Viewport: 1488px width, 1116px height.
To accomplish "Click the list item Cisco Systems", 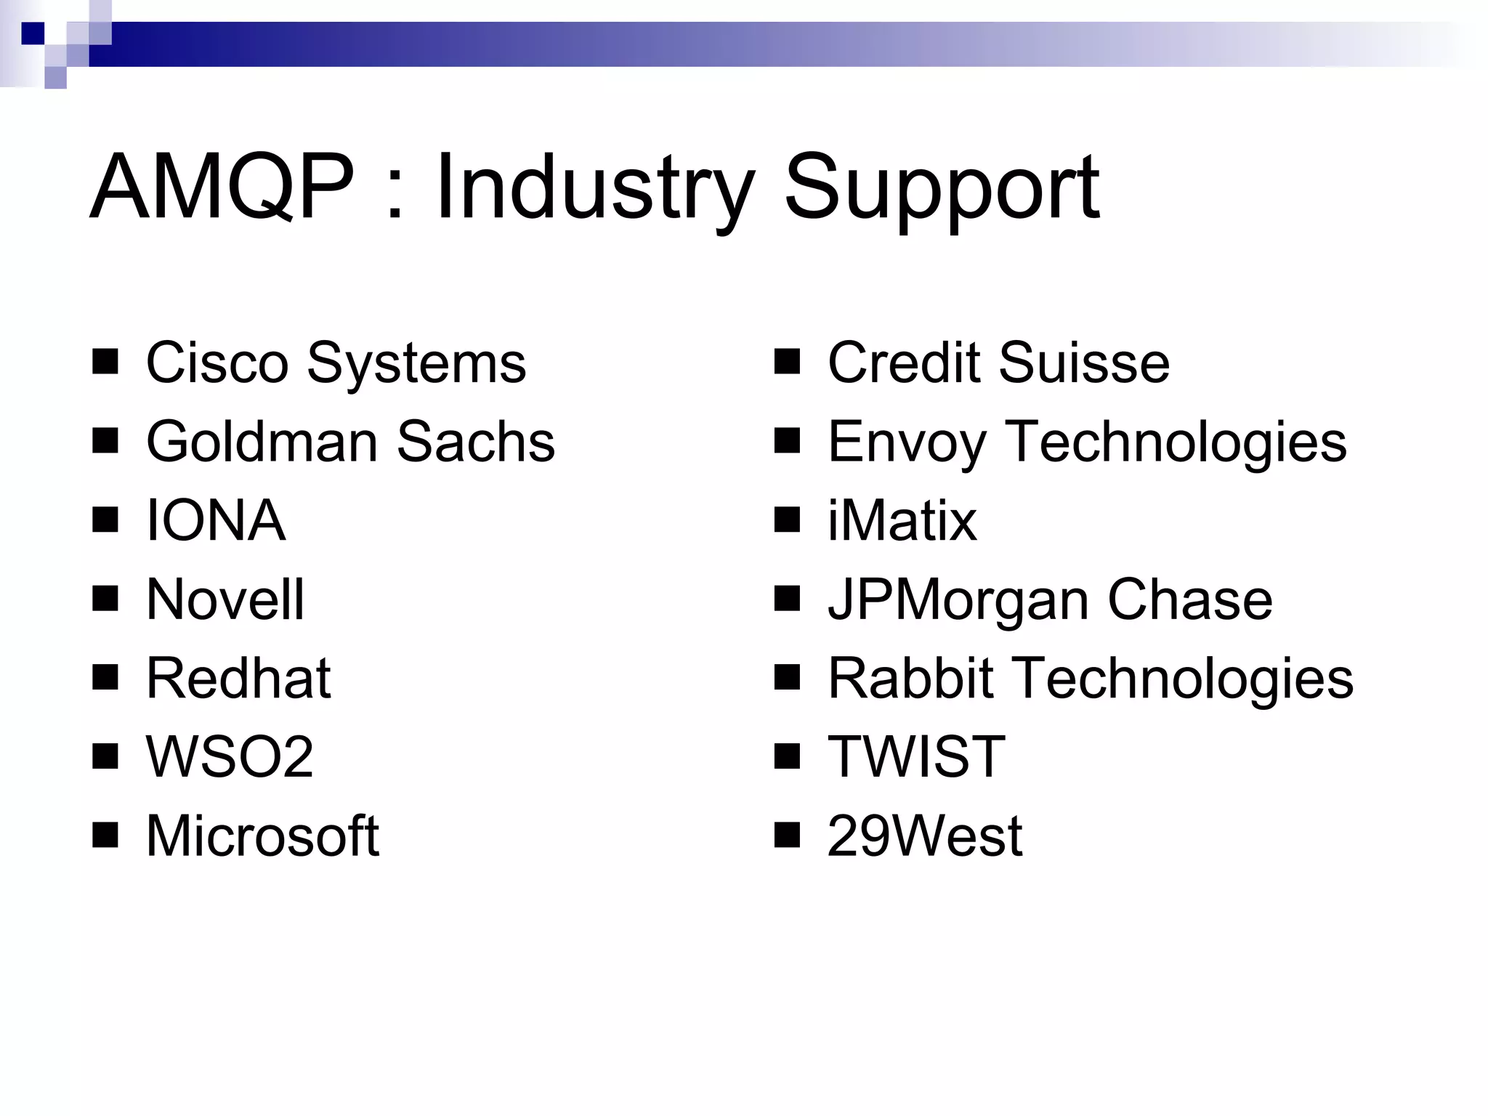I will coord(336,363).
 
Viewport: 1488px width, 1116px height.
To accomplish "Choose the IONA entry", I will coord(216,520).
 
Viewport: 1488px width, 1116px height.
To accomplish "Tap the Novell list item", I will coord(225,599).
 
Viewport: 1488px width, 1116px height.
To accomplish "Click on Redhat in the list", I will coord(238,678).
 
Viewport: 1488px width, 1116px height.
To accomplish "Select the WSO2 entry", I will coord(230,757).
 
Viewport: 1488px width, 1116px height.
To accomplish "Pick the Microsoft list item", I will coord(262,836).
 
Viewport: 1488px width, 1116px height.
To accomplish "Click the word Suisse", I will coord(1084,363).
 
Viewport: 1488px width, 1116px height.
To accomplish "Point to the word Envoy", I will coord(906,442).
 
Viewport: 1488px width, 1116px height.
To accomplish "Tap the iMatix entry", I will coord(902,520).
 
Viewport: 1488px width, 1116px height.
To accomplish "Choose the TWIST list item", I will coord(916,757).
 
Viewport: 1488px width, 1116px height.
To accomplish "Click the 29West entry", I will coord(925,836).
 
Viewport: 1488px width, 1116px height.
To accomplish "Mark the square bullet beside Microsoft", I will coord(105,836).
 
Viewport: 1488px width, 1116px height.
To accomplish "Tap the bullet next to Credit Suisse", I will coord(787,362).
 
